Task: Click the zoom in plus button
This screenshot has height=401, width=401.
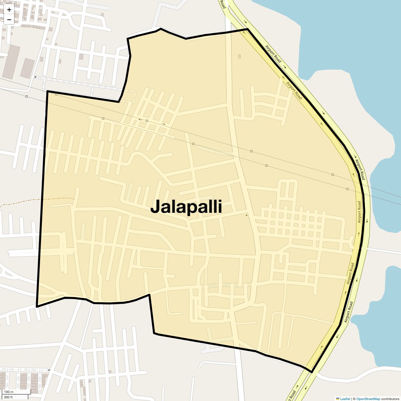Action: pos(9,10)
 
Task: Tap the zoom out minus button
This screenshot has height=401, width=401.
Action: pos(9,19)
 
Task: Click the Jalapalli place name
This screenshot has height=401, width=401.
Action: pos(186,207)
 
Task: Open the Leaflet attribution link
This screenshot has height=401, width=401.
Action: pos(345,399)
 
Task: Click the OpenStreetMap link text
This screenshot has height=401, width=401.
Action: pos(368,399)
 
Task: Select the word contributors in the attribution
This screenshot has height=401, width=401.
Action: pos(390,399)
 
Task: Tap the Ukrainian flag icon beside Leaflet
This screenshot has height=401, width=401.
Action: pos(338,399)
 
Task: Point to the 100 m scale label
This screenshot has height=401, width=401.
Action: pos(9,392)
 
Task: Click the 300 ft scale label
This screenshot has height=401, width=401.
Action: pos(8,397)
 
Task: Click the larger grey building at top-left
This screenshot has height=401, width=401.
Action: pos(11,62)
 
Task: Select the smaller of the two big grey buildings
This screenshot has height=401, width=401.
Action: pos(27,69)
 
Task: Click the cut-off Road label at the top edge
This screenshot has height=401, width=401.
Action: pos(223,4)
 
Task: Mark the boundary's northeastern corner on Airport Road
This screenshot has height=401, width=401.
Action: pos(248,29)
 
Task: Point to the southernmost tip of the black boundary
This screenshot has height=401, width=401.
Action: pos(311,372)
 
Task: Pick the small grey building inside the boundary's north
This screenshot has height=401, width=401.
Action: pos(239,56)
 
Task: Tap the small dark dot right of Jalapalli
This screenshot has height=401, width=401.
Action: pos(247,215)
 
